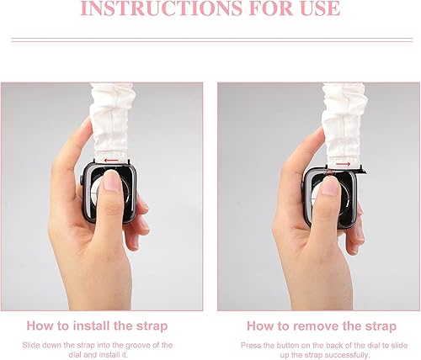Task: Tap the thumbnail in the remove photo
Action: pos(329,188)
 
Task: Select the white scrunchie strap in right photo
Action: pos(346,118)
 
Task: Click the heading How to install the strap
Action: pos(97,325)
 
